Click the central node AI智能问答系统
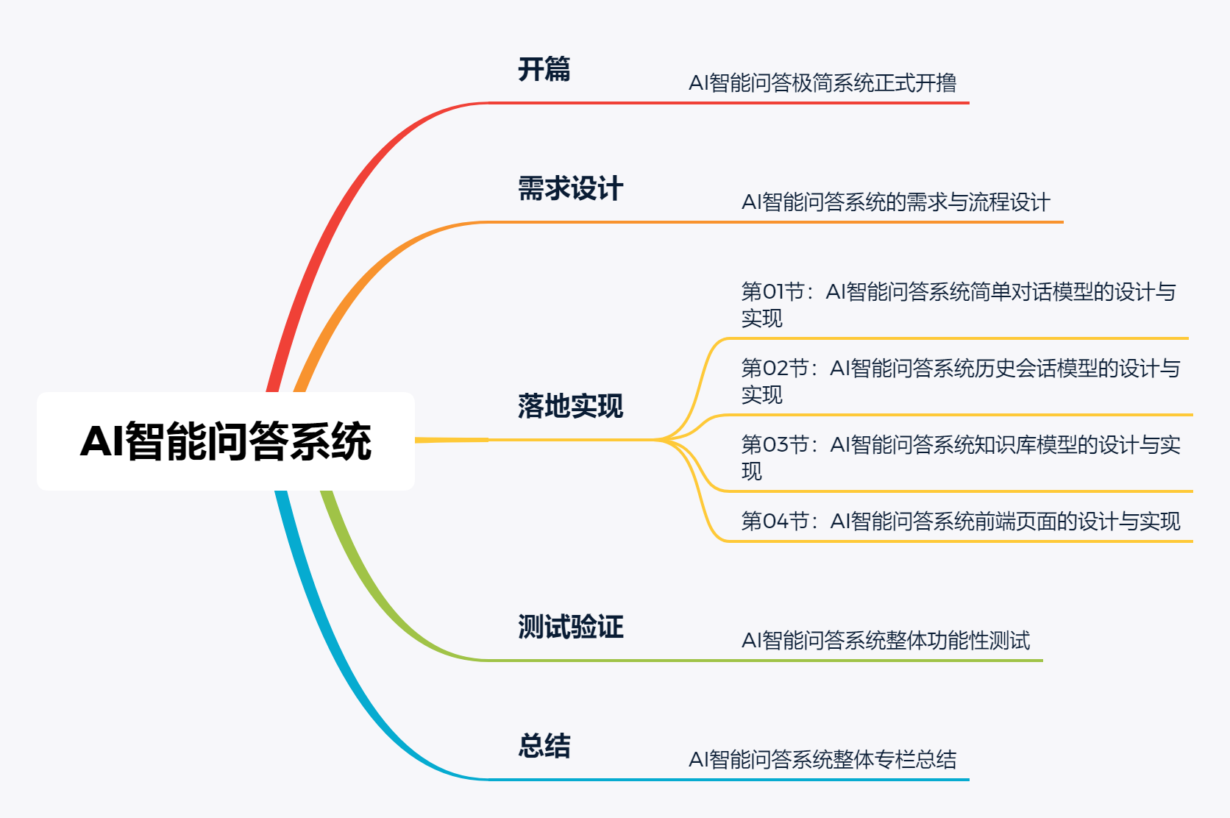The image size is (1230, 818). (225, 441)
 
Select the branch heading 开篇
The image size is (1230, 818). (544, 69)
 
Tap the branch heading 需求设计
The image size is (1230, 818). (570, 188)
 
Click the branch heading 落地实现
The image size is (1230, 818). (570, 406)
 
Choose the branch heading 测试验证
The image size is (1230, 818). (570, 627)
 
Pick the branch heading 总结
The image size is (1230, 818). (544, 746)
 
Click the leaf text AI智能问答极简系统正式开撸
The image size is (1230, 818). (822, 83)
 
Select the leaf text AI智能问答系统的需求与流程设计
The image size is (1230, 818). (895, 202)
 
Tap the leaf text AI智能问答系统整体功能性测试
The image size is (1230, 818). (885, 641)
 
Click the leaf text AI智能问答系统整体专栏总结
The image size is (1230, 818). (822, 760)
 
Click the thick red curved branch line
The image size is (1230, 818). (331, 221)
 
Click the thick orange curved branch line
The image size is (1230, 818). (353, 294)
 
